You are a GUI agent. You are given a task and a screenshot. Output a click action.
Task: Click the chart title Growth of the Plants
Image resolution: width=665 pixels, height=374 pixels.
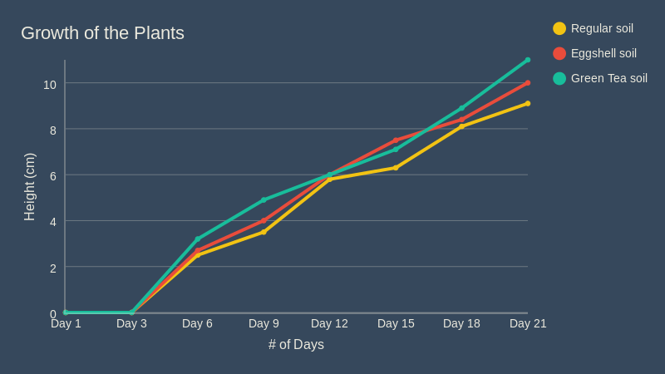tap(102, 33)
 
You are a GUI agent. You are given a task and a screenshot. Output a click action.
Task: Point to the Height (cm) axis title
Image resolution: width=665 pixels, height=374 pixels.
tap(30, 187)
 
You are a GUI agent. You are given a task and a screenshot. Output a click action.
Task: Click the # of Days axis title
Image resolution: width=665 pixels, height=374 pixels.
tap(296, 344)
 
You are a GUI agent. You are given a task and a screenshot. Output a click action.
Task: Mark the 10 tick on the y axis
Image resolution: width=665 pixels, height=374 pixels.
tap(50, 84)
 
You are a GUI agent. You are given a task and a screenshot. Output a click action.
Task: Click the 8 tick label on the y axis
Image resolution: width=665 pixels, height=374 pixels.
tap(53, 130)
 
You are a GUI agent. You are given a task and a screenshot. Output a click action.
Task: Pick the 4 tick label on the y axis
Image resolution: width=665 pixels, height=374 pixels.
tap(53, 222)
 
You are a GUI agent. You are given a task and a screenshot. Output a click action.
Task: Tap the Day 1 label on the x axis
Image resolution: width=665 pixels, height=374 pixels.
tap(66, 323)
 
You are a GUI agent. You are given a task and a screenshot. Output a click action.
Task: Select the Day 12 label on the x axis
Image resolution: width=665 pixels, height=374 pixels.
tap(329, 323)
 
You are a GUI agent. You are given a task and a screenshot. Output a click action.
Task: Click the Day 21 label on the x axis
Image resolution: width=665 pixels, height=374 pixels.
tap(528, 323)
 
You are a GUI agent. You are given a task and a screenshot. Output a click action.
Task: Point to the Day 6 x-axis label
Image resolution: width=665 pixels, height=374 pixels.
tap(197, 323)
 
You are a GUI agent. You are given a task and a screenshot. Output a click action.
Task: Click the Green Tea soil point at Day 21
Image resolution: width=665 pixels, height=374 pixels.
tap(528, 60)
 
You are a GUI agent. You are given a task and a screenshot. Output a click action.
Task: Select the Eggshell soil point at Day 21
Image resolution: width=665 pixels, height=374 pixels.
tap(528, 83)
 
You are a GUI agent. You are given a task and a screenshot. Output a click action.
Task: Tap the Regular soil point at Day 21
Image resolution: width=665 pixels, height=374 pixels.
tap(528, 103)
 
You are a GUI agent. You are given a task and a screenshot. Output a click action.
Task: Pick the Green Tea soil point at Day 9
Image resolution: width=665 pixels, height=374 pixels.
tap(264, 199)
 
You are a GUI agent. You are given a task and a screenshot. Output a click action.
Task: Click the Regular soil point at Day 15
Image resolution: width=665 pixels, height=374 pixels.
tap(396, 168)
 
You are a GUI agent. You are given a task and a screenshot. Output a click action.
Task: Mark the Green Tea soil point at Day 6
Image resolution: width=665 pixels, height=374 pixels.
tap(198, 239)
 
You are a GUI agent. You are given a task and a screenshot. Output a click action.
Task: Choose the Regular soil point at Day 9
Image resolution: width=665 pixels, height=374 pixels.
tap(264, 232)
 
